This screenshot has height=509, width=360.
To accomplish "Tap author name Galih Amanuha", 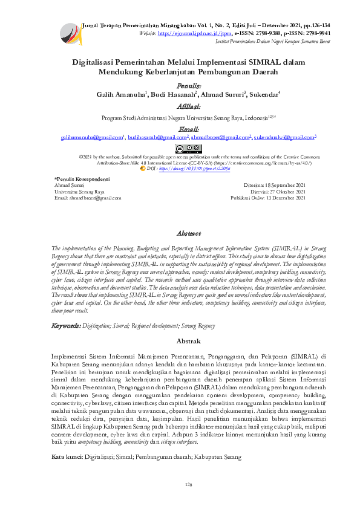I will [x=120, y=95].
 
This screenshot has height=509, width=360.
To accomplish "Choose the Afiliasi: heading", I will [x=180, y=106].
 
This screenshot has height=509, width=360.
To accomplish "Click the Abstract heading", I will [x=189, y=233].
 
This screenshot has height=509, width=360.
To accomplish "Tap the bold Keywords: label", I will [x=65, y=325].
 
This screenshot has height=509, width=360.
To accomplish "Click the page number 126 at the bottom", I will [x=188, y=485].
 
